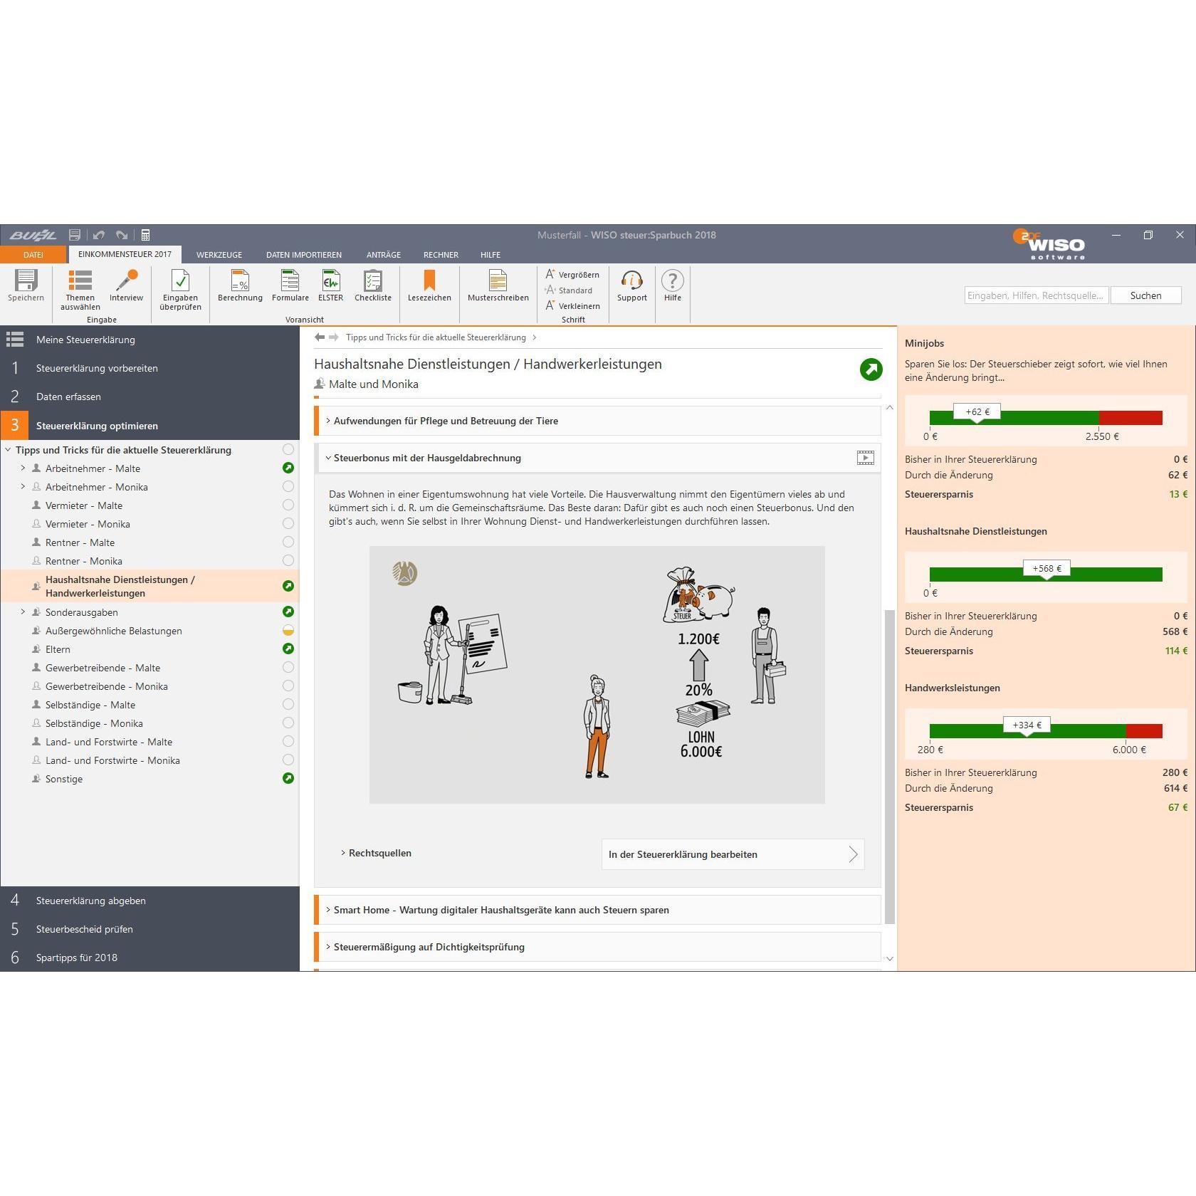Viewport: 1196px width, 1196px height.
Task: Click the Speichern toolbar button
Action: (x=26, y=285)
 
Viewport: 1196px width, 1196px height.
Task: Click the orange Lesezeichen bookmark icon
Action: (x=429, y=280)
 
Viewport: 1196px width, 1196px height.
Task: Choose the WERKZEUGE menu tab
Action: (x=219, y=255)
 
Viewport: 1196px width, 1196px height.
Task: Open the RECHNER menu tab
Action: (x=441, y=255)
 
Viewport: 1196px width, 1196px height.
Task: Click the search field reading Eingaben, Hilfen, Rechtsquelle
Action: (x=1037, y=295)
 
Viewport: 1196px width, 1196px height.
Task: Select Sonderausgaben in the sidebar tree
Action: (x=82, y=612)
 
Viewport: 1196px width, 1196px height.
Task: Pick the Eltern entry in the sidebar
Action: (x=58, y=649)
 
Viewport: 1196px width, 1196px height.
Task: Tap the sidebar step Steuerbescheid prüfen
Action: (x=85, y=929)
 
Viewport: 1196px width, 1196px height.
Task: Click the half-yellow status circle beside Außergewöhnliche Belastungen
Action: (x=288, y=630)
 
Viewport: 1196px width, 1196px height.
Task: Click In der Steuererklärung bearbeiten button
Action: (x=733, y=854)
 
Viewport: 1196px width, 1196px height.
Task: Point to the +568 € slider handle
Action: (x=1046, y=570)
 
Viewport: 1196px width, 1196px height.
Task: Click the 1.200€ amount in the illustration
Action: (x=698, y=639)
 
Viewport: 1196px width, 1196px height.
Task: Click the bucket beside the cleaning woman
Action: (x=410, y=691)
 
